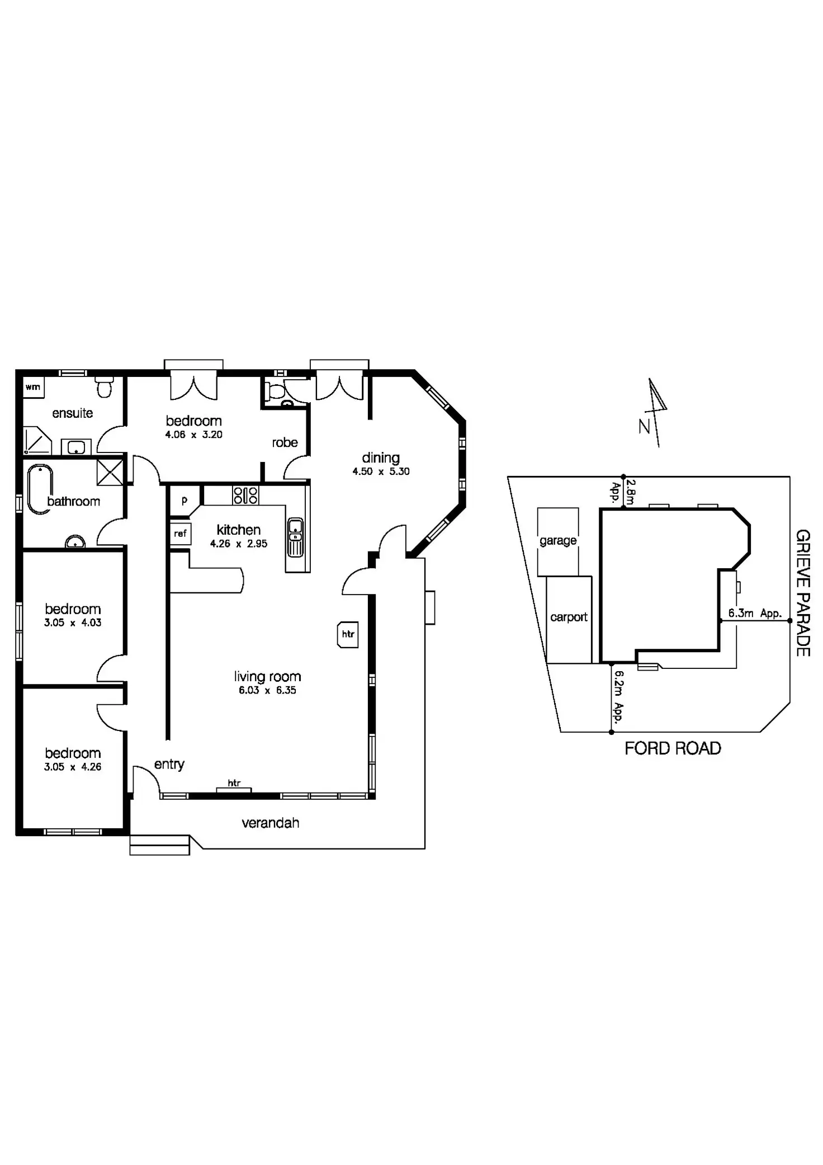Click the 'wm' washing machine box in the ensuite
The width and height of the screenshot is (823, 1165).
33,387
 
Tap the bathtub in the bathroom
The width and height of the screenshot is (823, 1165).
40,488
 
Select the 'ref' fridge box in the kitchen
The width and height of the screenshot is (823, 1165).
180,534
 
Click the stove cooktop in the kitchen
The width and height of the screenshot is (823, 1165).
245,495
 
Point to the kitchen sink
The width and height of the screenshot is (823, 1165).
295,537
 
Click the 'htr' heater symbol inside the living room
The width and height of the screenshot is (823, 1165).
348,634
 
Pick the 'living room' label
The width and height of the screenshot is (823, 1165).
267,677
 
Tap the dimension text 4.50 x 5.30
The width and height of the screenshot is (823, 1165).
381,471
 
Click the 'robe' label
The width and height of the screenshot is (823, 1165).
285,442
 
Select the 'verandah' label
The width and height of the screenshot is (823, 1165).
271,823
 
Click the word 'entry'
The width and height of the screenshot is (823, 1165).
169,764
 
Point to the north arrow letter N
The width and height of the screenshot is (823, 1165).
645,427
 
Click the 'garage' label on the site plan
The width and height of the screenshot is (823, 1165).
557,541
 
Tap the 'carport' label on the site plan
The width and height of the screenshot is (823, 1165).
569,617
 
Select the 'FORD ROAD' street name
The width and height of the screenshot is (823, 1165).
673,748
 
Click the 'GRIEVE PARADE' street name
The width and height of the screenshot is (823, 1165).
802,593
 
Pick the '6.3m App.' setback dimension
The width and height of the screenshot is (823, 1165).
754,613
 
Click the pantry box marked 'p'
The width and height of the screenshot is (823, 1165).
184,501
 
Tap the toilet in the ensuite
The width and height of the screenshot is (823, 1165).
104,386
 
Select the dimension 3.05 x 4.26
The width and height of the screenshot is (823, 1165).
73,767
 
